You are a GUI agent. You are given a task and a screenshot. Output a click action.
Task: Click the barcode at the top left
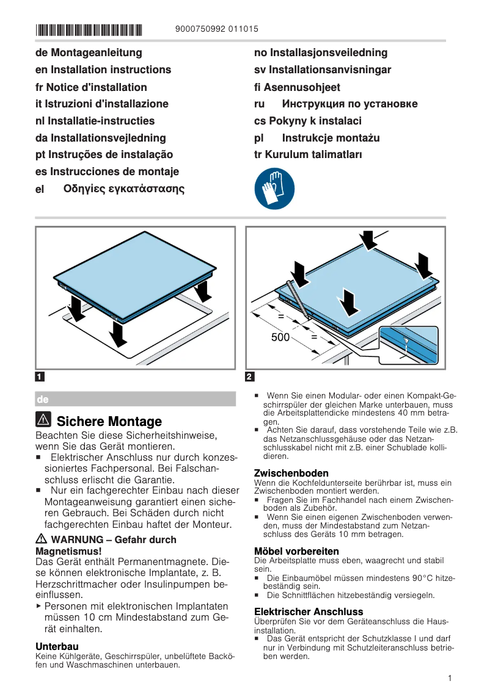click(89, 29)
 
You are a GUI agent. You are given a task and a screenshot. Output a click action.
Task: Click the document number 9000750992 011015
click(216, 29)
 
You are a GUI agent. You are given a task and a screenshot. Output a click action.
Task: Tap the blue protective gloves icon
click(274, 189)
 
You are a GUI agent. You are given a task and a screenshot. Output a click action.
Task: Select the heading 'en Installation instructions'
click(103, 70)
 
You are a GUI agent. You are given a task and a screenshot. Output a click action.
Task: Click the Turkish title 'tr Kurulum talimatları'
click(308, 154)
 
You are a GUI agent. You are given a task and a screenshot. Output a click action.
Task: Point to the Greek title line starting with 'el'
click(110, 189)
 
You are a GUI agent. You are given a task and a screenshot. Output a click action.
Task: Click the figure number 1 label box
click(40, 377)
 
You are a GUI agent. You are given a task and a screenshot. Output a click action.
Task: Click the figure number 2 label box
click(249, 377)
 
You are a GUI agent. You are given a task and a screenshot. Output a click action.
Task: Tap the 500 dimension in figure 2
click(280, 337)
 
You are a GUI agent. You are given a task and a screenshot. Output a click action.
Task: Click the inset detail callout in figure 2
click(408, 345)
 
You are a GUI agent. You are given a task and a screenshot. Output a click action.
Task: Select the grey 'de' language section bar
click(135, 399)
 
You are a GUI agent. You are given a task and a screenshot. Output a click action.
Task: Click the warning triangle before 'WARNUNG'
click(42, 539)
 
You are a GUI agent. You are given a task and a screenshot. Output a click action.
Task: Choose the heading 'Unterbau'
click(57, 646)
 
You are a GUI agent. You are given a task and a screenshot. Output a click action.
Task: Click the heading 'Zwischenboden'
click(291, 473)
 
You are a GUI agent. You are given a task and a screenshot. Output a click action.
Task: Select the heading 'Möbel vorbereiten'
click(296, 551)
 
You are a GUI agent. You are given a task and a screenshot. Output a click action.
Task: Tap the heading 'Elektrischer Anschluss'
click(309, 611)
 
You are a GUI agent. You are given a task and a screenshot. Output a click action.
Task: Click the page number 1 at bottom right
click(449, 678)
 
